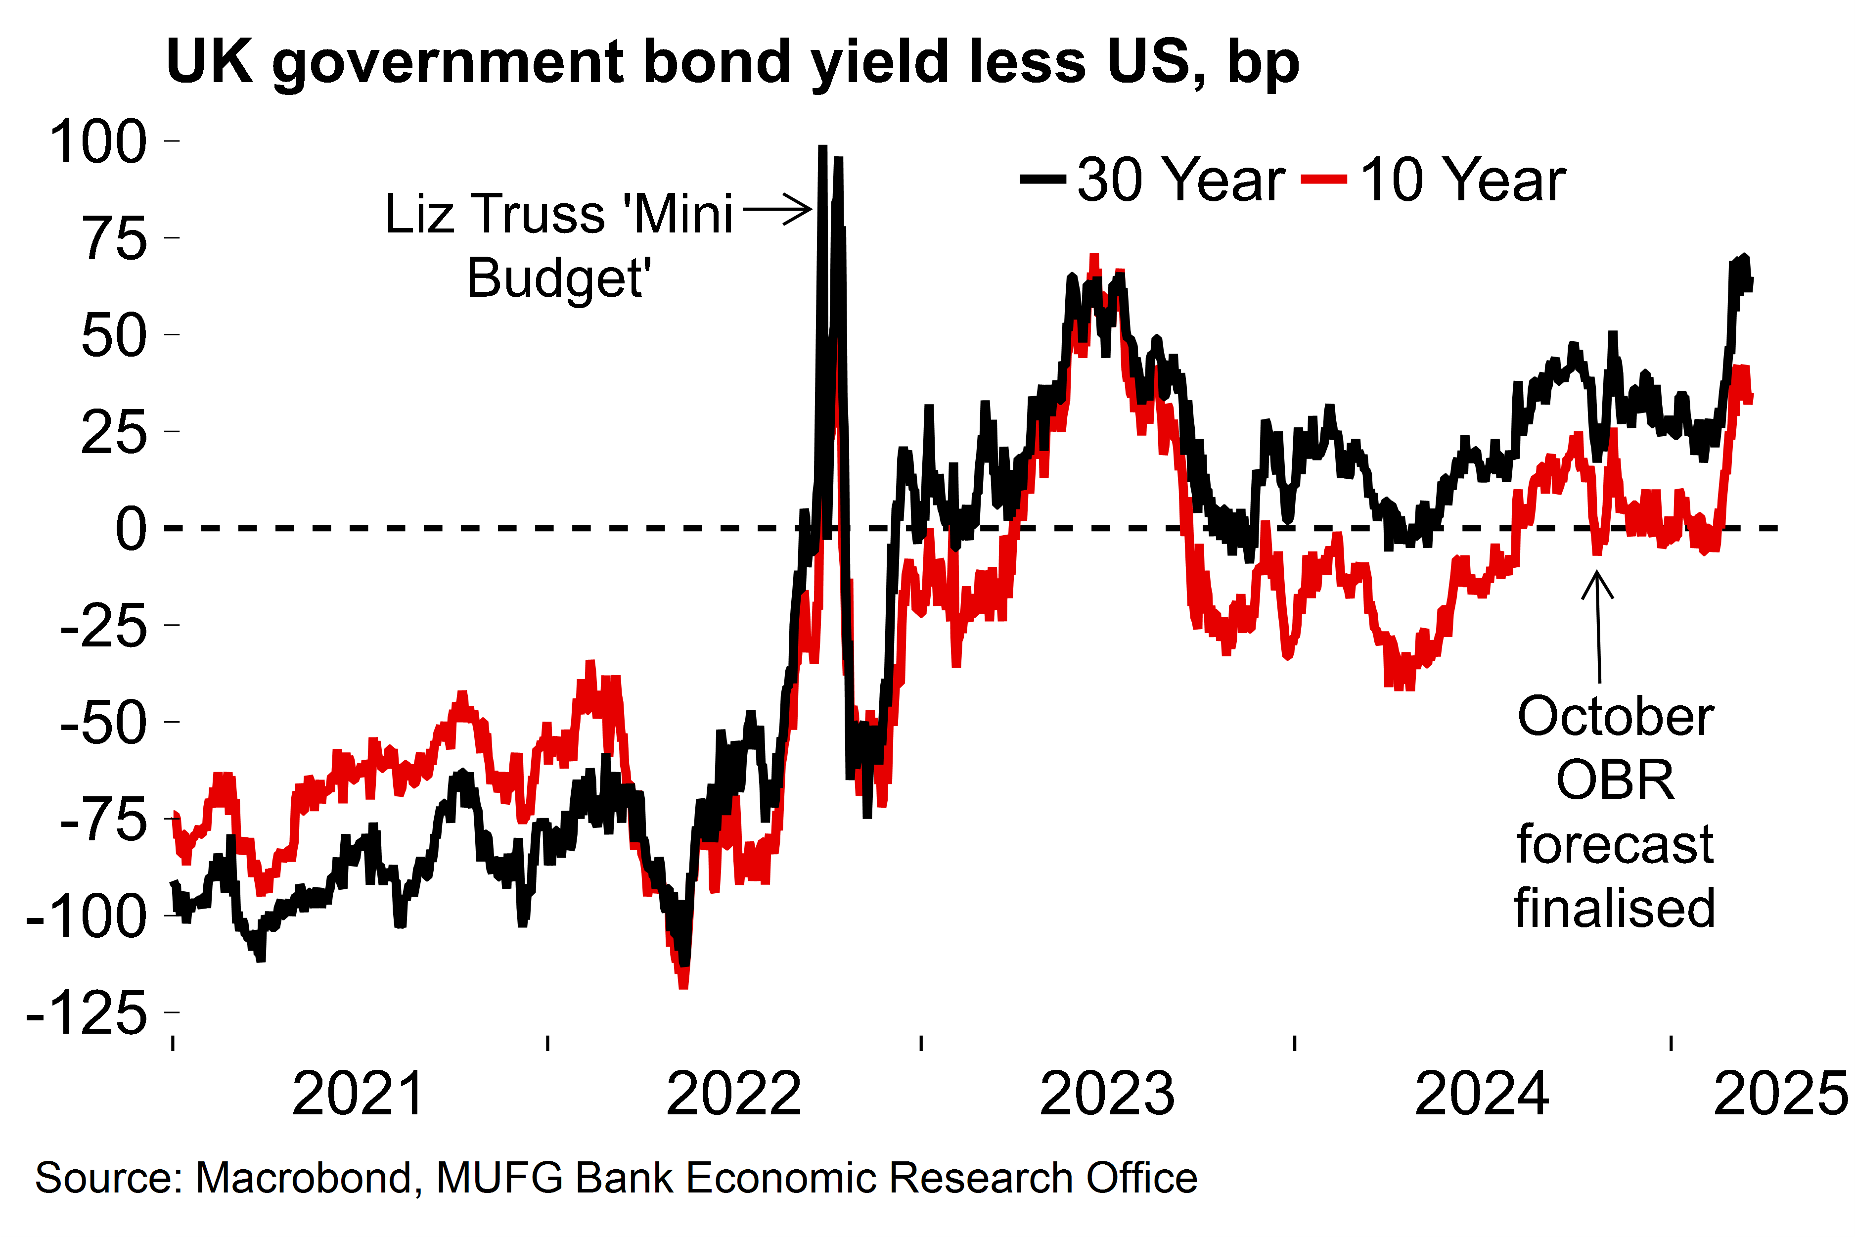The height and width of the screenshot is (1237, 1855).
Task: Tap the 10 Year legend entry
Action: click(x=1434, y=180)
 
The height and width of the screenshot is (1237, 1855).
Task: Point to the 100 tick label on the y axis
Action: click(x=98, y=142)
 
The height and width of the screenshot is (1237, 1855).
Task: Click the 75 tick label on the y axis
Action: click(x=114, y=238)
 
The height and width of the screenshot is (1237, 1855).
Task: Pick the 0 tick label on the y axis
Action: click(x=131, y=529)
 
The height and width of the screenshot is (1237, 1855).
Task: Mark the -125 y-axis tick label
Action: click(x=87, y=1013)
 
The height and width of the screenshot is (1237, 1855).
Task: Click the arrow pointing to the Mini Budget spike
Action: click(x=777, y=209)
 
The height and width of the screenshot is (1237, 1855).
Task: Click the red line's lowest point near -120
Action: click(x=683, y=985)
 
